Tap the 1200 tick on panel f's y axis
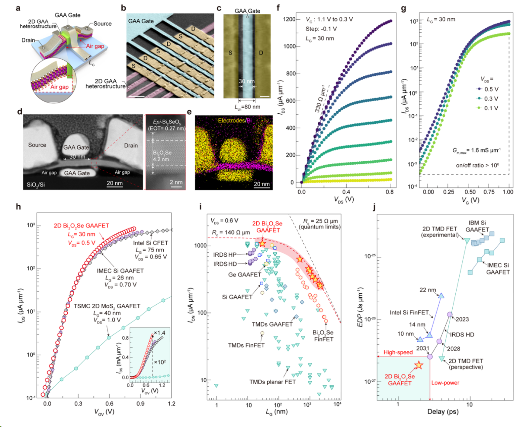[289, 20]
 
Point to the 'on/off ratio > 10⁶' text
[477, 165]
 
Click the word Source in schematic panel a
[102, 24]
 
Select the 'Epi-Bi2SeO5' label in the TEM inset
[166, 122]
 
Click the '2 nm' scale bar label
[176, 182]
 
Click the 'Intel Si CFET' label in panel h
[150, 243]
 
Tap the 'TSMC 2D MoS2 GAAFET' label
[107, 306]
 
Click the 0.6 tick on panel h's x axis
[109, 403]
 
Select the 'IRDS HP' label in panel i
[225, 255]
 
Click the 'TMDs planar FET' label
[272, 382]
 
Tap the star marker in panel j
[419, 365]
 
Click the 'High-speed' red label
[398, 353]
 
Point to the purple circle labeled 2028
[439, 341]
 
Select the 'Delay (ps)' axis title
[443, 412]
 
